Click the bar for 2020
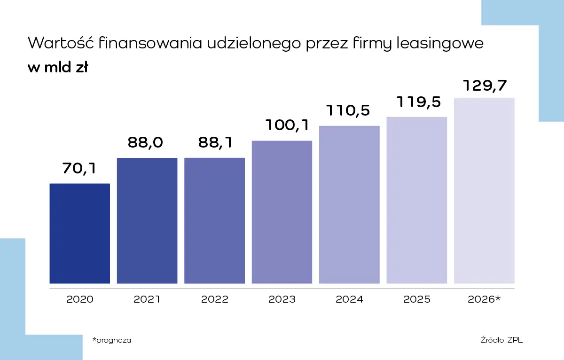coord(80,234)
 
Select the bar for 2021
coord(147,221)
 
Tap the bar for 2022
coord(214,221)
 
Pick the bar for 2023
coord(282,212)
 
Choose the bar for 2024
coord(349,205)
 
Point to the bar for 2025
coord(417,200)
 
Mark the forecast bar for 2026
coord(484,191)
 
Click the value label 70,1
coord(79,168)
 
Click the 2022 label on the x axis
coord(215,299)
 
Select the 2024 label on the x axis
coord(349,299)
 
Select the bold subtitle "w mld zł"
coord(58,68)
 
